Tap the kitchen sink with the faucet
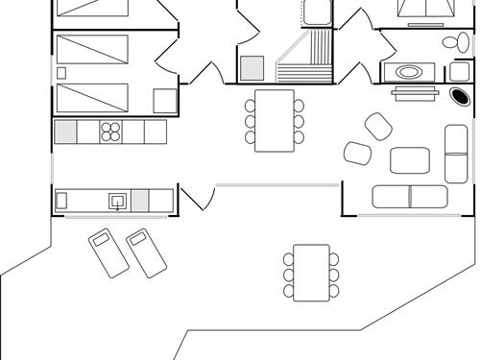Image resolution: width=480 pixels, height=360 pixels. pyautogui.click(x=117, y=200)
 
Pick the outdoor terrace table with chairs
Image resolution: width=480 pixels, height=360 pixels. pyautogui.click(x=311, y=271)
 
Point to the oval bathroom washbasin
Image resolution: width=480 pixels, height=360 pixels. pyautogui.click(x=409, y=72)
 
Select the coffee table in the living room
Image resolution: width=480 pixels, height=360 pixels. pyautogui.click(x=411, y=159)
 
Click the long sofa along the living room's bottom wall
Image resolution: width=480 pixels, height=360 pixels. pyautogui.click(x=410, y=197)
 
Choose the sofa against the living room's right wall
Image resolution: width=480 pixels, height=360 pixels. pyautogui.click(x=457, y=154)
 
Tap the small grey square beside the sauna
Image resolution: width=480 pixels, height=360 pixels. pyautogui.click(x=252, y=68)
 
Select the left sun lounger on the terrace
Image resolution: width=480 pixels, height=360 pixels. pyautogui.click(x=107, y=252)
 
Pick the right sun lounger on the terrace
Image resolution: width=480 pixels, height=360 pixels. pyautogui.click(x=143, y=252)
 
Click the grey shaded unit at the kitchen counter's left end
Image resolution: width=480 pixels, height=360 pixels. pyautogui.click(x=65, y=132)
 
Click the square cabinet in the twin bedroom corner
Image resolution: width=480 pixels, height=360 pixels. pyautogui.click(x=165, y=101)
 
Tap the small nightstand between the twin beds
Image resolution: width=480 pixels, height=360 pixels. pyautogui.click(x=62, y=72)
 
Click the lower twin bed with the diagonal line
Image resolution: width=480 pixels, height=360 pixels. pyautogui.click(x=92, y=97)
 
